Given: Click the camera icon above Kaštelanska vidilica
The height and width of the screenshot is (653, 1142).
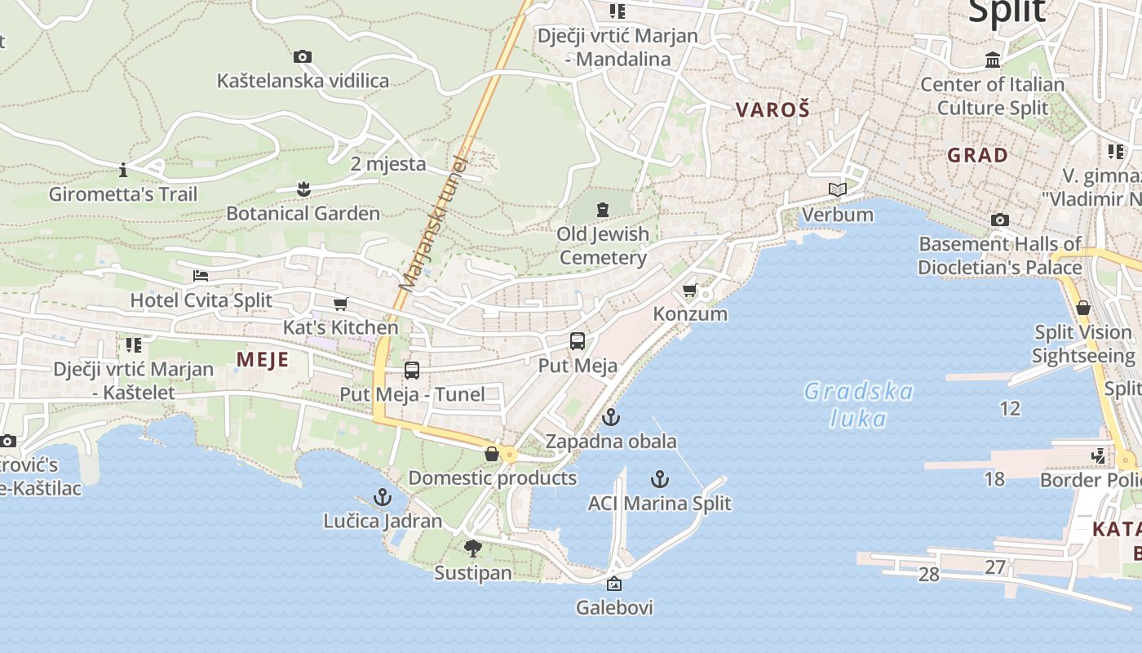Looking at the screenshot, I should tap(303, 56).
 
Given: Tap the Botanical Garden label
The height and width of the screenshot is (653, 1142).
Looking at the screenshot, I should tap(303, 214).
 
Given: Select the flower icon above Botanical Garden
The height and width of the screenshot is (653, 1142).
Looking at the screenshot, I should tap(303, 189).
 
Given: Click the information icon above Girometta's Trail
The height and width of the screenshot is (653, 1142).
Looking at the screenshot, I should tap(123, 170).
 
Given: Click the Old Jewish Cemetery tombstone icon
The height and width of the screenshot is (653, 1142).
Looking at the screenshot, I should tap(603, 210).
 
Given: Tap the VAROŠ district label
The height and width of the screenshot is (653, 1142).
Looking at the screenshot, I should tap(772, 109).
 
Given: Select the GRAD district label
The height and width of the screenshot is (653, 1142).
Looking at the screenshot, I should tap(977, 154).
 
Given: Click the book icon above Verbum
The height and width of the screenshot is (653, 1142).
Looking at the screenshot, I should tap(838, 190).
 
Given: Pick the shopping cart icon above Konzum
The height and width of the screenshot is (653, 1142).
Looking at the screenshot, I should tap(690, 290).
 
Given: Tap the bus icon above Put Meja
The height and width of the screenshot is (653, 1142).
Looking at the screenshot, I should tap(578, 341).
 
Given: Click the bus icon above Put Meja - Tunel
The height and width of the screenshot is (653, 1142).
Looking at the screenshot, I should tap(412, 371).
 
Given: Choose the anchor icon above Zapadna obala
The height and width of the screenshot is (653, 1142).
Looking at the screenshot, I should tap(611, 417).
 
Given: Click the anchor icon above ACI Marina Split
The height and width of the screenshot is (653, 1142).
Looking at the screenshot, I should tap(660, 479).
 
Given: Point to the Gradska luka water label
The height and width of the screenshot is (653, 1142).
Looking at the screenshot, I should tap(858, 405).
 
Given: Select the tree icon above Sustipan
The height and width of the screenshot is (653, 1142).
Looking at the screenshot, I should tap(472, 549).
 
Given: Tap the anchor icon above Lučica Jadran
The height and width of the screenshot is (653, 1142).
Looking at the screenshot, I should tap(383, 496).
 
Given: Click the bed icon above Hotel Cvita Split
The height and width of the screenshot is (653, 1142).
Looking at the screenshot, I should tap(201, 276).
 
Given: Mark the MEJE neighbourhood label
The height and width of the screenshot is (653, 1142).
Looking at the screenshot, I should tap(263, 359).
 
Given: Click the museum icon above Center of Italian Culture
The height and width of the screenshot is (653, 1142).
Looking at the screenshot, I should tap(993, 60).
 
